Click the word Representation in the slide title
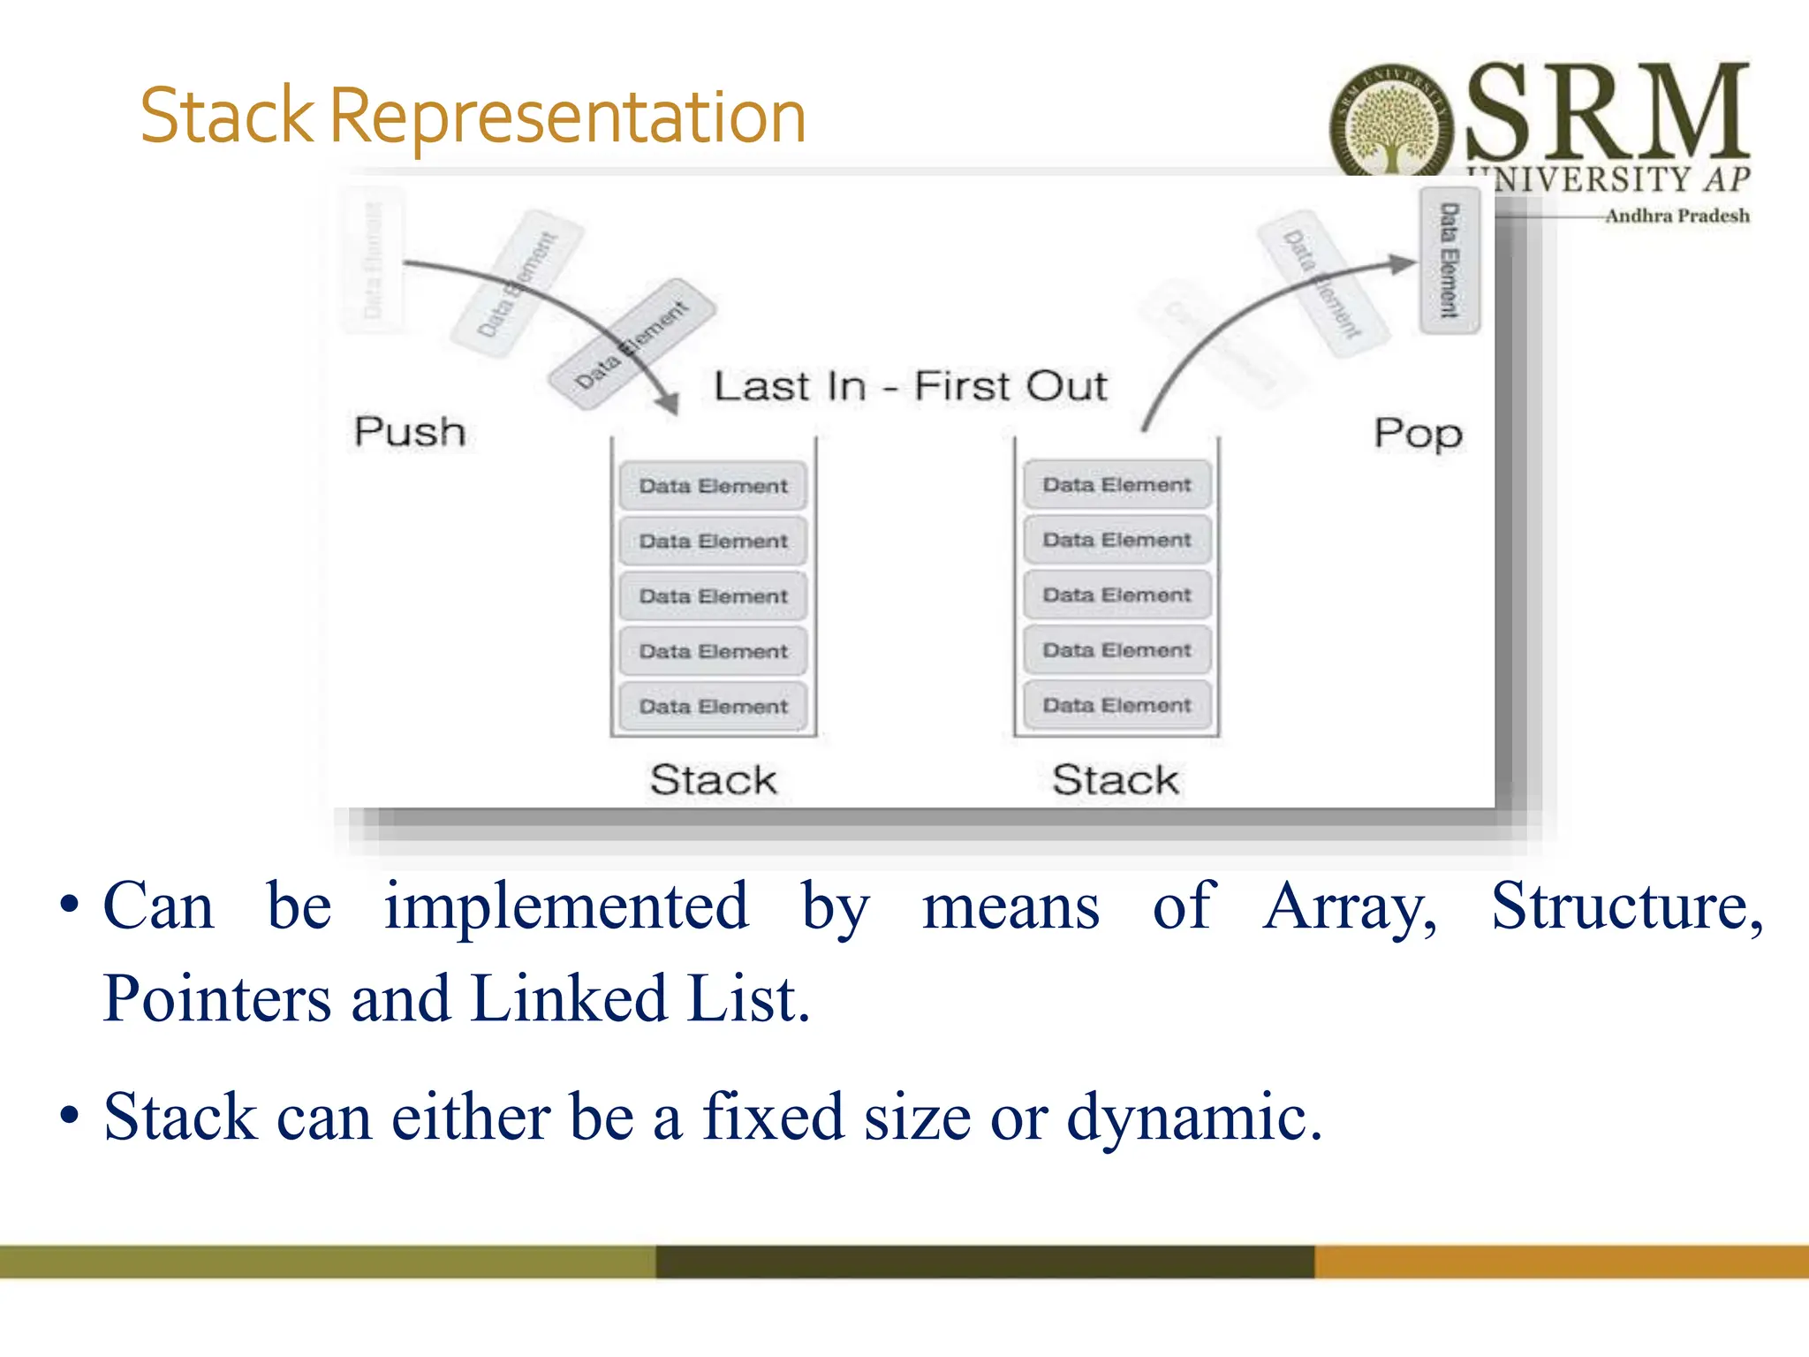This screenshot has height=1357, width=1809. [x=567, y=118]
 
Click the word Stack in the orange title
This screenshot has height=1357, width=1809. [x=227, y=118]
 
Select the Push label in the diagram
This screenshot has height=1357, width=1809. [x=410, y=432]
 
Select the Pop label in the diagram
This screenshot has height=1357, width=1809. [x=1418, y=434]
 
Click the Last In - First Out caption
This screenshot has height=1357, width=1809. [x=910, y=387]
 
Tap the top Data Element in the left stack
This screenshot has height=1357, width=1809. [x=713, y=486]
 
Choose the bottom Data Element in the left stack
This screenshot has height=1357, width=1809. [x=713, y=706]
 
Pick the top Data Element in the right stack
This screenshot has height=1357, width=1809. [x=1116, y=485]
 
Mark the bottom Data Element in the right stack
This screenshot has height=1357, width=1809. [x=1116, y=705]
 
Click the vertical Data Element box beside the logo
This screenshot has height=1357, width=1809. [x=1449, y=261]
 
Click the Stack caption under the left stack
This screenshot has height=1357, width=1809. [x=713, y=780]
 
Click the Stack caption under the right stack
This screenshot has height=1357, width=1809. [x=1116, y=780]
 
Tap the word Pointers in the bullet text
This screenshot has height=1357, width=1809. [x=216, y=999]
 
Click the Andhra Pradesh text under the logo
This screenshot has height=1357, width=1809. [x=1677, y=216]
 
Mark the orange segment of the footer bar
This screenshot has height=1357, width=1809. [x=1561, y=1261]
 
